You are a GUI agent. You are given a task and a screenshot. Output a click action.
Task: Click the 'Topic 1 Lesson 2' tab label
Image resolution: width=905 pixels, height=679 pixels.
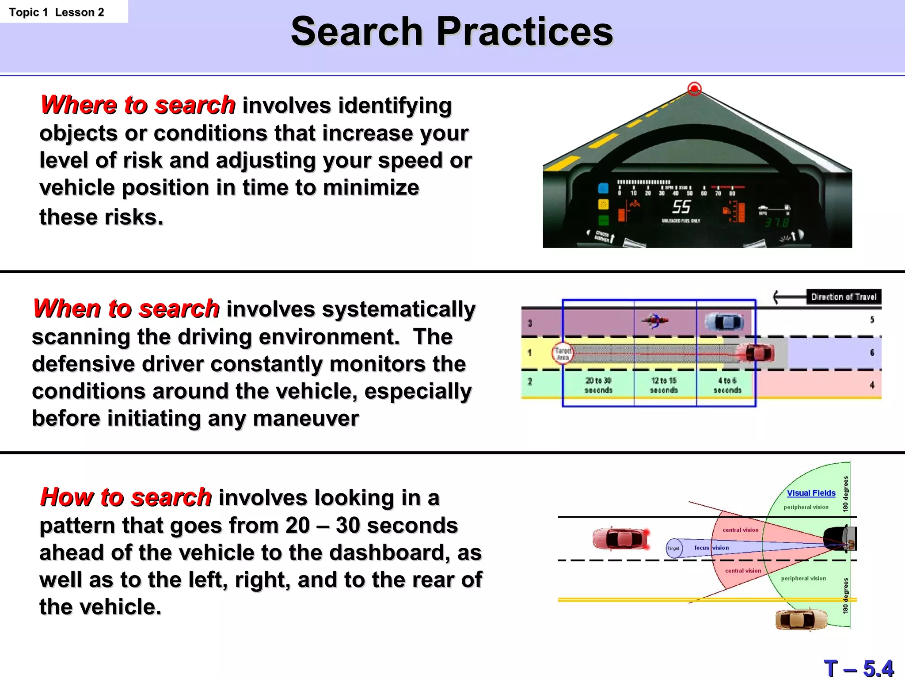pos(57,12)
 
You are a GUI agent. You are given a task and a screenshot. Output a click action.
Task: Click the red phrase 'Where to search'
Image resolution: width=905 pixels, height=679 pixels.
pos(137,105)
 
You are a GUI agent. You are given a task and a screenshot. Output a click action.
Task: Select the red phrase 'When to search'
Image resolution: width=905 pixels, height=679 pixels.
pos(126,309)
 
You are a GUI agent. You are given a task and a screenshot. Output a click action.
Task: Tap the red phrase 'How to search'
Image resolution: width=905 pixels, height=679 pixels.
pos(126,497)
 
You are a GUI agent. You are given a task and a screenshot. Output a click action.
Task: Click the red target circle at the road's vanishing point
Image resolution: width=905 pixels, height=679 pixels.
pos(694,89)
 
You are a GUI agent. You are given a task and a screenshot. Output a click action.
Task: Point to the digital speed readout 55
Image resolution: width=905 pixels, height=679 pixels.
pos(681,206)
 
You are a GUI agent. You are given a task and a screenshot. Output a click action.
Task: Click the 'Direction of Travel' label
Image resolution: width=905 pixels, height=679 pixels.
pos(843,297)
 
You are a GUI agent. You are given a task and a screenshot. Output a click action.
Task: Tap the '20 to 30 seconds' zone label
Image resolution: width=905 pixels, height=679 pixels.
pos(598,385)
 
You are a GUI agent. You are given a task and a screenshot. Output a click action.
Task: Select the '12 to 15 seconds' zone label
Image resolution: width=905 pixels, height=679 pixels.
pos(663,385)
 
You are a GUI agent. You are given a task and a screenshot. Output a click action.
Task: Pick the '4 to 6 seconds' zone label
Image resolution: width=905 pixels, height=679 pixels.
pos(727,385)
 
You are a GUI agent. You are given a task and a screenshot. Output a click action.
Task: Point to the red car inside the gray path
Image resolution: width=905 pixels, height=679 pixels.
pos(759,353)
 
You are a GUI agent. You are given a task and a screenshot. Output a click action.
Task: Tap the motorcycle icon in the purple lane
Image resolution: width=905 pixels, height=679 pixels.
pos(655,320)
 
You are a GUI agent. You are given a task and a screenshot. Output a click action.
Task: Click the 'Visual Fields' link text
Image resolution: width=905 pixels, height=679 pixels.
pos(811,493)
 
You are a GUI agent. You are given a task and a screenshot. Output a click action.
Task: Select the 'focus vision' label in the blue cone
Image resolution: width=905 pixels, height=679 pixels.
pos(711,548)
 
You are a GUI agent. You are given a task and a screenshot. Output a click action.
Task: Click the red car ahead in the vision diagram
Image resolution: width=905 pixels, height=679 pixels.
pos(621,538)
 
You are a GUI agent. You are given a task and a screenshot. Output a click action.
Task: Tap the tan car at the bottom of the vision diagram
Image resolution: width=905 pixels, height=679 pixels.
pos(801,619)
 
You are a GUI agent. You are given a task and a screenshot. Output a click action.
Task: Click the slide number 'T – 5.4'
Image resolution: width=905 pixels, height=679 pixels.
pos(858,668)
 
